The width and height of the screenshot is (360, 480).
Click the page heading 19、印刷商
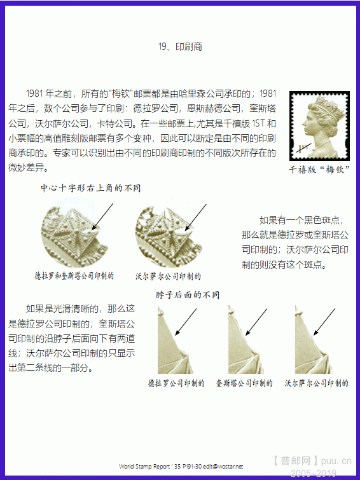click(180, 46)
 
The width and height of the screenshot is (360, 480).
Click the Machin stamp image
click(319, 126)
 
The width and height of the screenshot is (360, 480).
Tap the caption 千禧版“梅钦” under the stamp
click(319, 169)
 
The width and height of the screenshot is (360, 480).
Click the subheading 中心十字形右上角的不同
click(91, 188)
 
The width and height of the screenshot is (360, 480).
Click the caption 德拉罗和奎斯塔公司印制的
click(74, 276)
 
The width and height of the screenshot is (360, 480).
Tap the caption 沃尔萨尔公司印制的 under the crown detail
click(168, 277)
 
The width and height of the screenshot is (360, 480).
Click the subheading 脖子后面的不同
click(188, 295)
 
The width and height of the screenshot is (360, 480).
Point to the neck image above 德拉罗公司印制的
click(176, 339)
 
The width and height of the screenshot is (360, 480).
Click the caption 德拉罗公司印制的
click(176, 383)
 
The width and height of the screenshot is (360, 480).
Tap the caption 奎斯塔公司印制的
click(244, 383)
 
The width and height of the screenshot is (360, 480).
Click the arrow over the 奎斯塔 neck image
click(256, 322)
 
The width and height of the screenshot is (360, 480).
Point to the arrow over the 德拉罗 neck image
click(186, 322)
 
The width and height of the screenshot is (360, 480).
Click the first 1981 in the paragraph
click(35, 93)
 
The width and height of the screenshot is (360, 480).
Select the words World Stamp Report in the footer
click(144, 467)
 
